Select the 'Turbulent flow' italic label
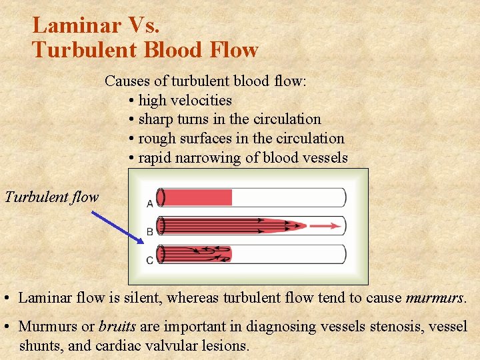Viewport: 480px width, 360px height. pos(51,197)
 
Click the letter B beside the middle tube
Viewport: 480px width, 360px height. pos(150,232)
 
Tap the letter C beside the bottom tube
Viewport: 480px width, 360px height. pos(150,259)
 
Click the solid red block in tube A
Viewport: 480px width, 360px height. pos(197,197)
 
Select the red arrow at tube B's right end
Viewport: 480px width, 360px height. pos(327,226)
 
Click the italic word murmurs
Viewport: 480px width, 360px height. pos(435,298)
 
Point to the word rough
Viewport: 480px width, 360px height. pos(157,139)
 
